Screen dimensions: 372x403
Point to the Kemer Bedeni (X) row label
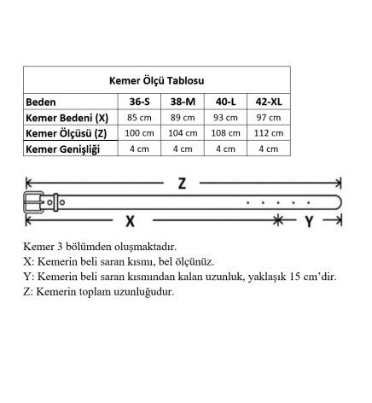pyautogui.click(x=67, y=118)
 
